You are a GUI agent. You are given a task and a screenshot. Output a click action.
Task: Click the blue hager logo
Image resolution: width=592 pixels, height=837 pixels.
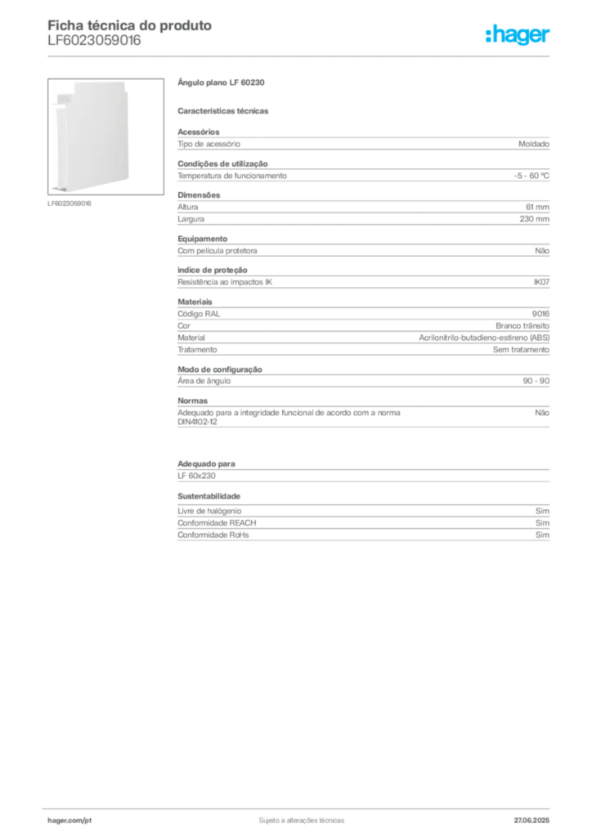(518, 36)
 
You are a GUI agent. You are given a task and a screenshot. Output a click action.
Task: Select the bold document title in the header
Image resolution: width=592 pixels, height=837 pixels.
(131, 25)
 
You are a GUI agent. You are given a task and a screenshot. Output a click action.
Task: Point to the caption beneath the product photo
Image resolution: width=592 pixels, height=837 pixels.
(72, 203)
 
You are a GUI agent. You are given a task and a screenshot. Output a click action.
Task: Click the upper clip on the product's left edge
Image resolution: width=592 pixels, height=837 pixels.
(51, 105)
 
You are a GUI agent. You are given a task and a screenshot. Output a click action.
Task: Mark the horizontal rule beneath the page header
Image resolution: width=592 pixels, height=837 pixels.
(301, 55)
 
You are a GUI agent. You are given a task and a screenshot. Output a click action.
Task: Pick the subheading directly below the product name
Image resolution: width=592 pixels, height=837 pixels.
(225, 110)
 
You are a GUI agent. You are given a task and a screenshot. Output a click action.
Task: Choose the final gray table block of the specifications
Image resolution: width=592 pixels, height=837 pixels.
(362, 524)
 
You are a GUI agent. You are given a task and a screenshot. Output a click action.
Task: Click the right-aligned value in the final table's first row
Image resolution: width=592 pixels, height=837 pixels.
(543, 510)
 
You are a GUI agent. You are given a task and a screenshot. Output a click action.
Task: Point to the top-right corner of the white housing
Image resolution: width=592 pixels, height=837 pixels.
(128, 83)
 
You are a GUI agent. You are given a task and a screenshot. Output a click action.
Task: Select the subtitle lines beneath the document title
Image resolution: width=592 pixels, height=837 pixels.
(94, 44)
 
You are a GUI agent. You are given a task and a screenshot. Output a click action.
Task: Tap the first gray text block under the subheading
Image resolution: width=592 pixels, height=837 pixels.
(362, 144)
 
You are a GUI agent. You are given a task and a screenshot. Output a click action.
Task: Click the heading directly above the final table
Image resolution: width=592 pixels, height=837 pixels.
(209, 496)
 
